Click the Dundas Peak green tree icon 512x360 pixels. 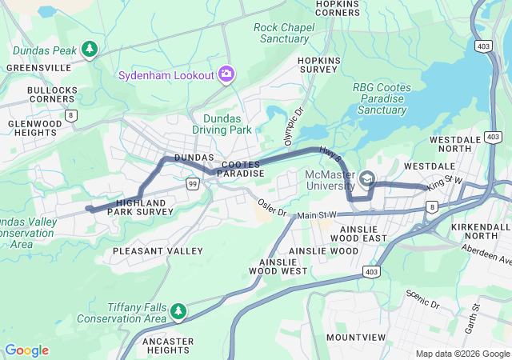click(x=90, y=50)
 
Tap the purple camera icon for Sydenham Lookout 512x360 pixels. click(x=226, y=74)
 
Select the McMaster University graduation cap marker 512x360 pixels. click(x=366, y=178)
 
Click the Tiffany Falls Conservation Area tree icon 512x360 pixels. click(x=178, y=310)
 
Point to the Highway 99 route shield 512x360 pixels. click(x=193, y=184)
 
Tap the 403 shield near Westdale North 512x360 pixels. click(x=482, y=46)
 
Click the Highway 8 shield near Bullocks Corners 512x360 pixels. click(x=73, y=117)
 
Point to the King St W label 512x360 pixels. click(x=445, y=183)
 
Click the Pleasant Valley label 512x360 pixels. click(x=158, y=251)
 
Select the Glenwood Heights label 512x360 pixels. click(x=34, y=129)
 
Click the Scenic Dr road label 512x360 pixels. click(x=424, y=298)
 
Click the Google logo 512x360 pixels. click(x=26, y=350)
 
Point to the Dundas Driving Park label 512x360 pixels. click(x=222, y=124)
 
